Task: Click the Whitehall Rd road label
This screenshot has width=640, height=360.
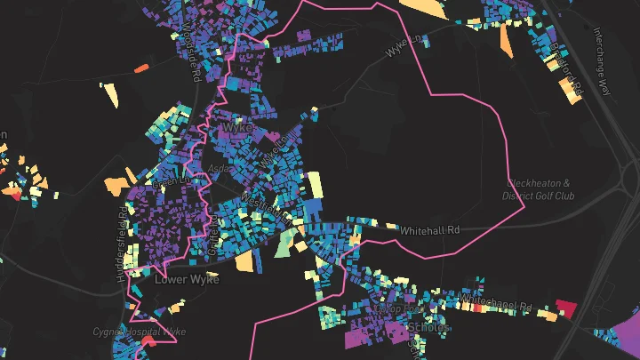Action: (430, 229)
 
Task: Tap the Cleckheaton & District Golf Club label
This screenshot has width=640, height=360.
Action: (539, 189)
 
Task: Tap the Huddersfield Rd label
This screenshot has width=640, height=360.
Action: (121, 244)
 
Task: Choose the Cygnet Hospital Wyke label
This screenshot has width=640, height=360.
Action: (140, 332)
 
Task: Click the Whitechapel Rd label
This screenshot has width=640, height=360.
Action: (498, 303)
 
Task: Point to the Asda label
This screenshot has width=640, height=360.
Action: (219, 167)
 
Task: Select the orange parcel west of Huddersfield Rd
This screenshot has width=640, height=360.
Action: (116, 184)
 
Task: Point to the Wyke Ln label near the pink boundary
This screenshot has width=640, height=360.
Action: (406, 47)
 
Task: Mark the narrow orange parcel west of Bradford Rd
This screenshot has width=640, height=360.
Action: (506, 40)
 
